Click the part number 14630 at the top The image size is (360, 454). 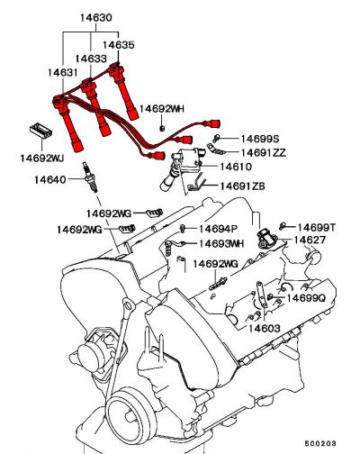(x=96, y=18)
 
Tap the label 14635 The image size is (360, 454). (x=119, y=45)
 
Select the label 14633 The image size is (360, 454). (x=91, y=59)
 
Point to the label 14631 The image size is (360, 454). (x=63, y=73)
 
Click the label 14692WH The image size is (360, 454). (x=162, y=109)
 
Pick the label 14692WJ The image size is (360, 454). (x=42, y=158)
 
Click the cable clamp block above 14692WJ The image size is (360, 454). (x=41, y=132)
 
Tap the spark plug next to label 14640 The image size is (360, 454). (x=90, y=177)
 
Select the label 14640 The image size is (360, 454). (x=50, y=180)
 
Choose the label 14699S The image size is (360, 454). (x=260, y=139)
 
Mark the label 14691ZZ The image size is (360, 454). (x=264, y=153)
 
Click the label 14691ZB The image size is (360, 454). (x=243, y=186)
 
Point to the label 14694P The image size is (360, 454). (x=219, y=229)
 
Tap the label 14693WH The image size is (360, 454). (x=221, y=243)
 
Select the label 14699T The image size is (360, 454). (x=317, y=228)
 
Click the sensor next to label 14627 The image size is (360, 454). (x=266, y=239)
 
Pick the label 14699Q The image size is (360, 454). (x=306, y=298)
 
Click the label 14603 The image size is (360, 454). (x=265, y=328)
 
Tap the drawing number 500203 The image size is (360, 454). (x=320, y=443)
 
